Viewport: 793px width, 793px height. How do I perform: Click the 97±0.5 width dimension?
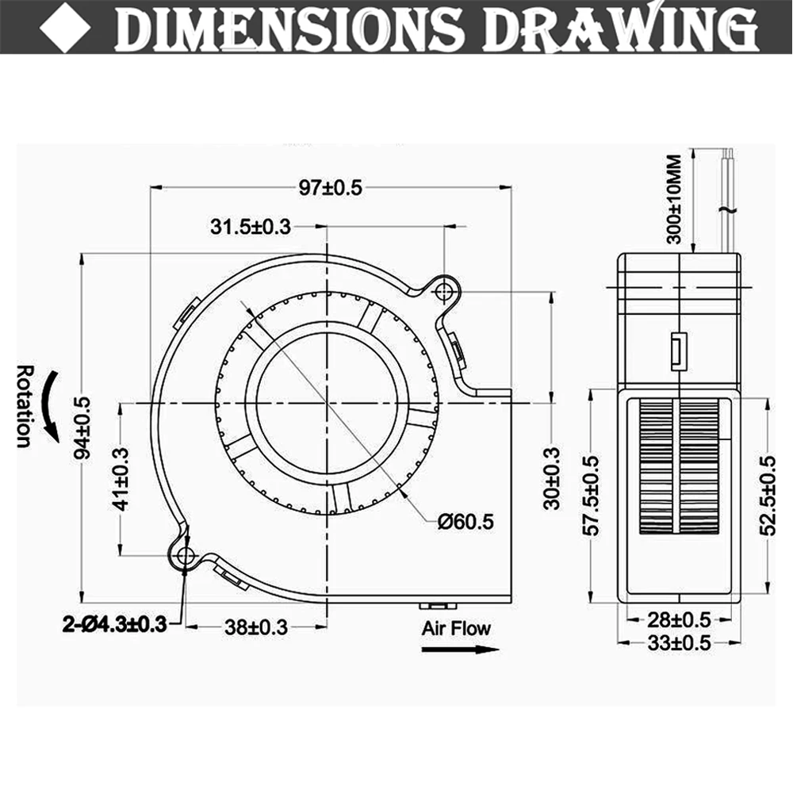(330, 188)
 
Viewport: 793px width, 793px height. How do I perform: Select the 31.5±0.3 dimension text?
(251, 227)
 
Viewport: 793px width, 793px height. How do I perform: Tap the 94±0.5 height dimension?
(83, 427)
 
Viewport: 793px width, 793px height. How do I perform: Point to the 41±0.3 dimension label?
(120, 480)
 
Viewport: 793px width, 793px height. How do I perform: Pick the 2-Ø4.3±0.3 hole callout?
(115, 625)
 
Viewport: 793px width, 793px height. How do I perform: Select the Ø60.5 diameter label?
(466, 521)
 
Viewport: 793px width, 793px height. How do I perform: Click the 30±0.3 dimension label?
(553, 478)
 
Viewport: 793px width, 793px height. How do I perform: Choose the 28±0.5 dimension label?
(679, 618)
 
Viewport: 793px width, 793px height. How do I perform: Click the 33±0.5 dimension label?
(679, 643)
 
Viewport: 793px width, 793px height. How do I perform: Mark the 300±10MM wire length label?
(673, 199)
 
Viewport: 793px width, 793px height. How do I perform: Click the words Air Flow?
(456, 629)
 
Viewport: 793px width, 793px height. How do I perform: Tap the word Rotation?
(25, 406)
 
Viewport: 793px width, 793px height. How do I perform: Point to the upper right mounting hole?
(444, 293)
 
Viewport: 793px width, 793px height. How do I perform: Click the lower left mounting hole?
(186, 556)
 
